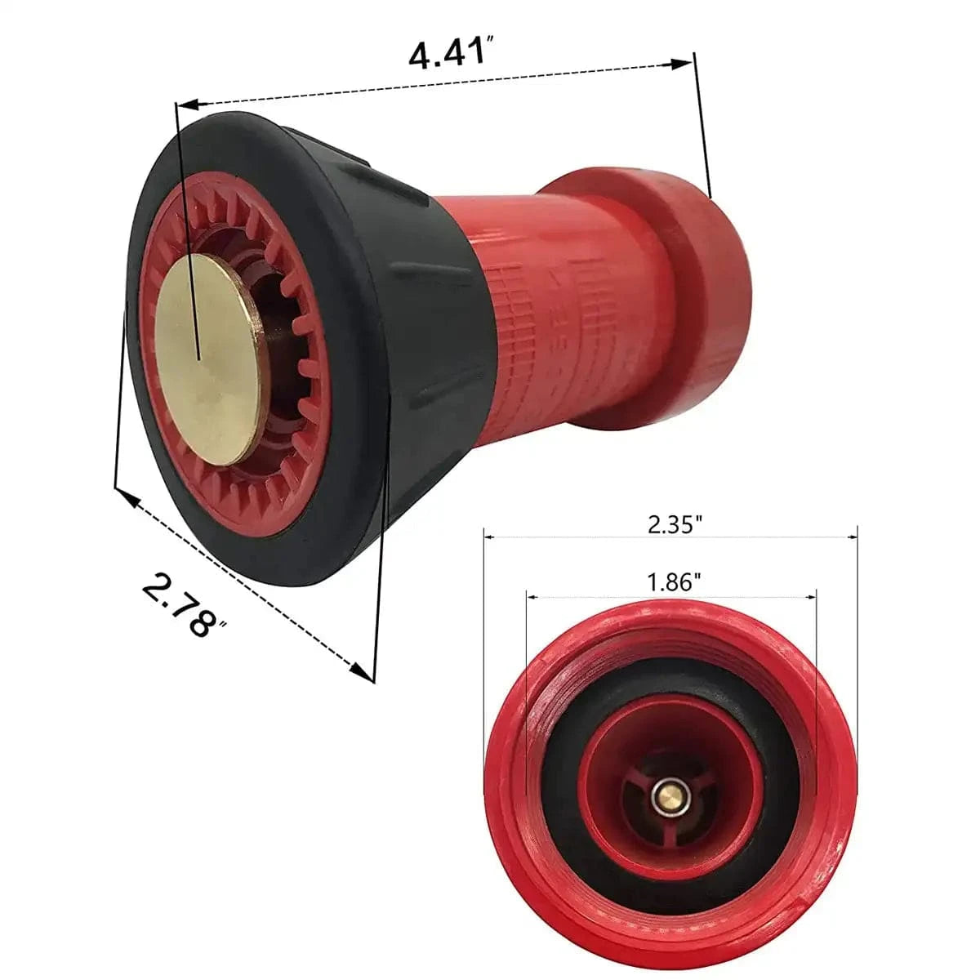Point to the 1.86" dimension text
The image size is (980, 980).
675,583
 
